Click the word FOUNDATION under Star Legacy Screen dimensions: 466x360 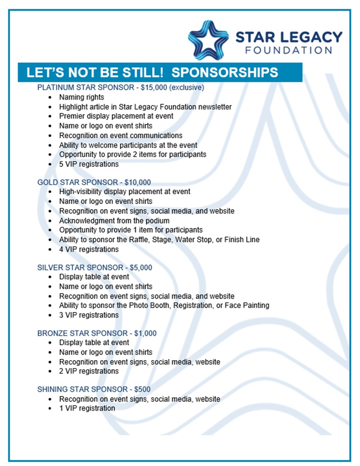coord(289,50)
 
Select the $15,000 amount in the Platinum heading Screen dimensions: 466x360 coord(154,87)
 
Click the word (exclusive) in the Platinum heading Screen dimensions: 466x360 coord(187,87)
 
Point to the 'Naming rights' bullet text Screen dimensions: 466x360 coord(82,97)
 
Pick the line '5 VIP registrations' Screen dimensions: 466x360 coord(89,164)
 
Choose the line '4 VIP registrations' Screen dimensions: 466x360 coord(89,249)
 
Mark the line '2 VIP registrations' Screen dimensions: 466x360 coord(89,371)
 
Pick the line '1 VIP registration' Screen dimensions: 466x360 coord(87,408)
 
